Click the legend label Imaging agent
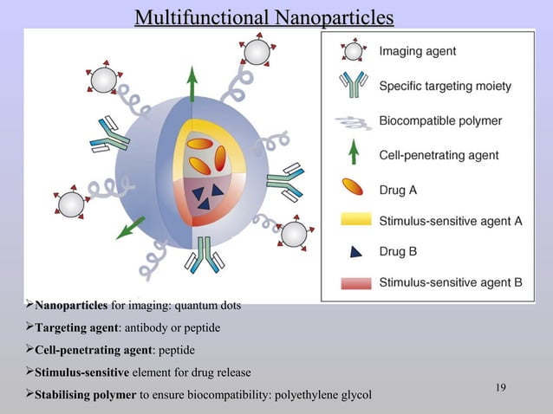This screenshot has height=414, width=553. click(x=417, y=51)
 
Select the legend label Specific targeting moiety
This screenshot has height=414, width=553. click(x=445, y=86)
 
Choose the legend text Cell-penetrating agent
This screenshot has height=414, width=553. click(x=439, y=155)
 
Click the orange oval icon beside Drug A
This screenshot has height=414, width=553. click(x=353, y=187)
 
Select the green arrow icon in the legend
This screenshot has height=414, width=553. click(x=353, y=153)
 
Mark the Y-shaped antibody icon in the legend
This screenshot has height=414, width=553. click(x=353, y=86)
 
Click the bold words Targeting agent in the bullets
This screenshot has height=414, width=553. click(x=75, y=328)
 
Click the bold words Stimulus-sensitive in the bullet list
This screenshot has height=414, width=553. click(x=81, y=373)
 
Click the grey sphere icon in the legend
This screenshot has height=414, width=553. click(x=353, y=51)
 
